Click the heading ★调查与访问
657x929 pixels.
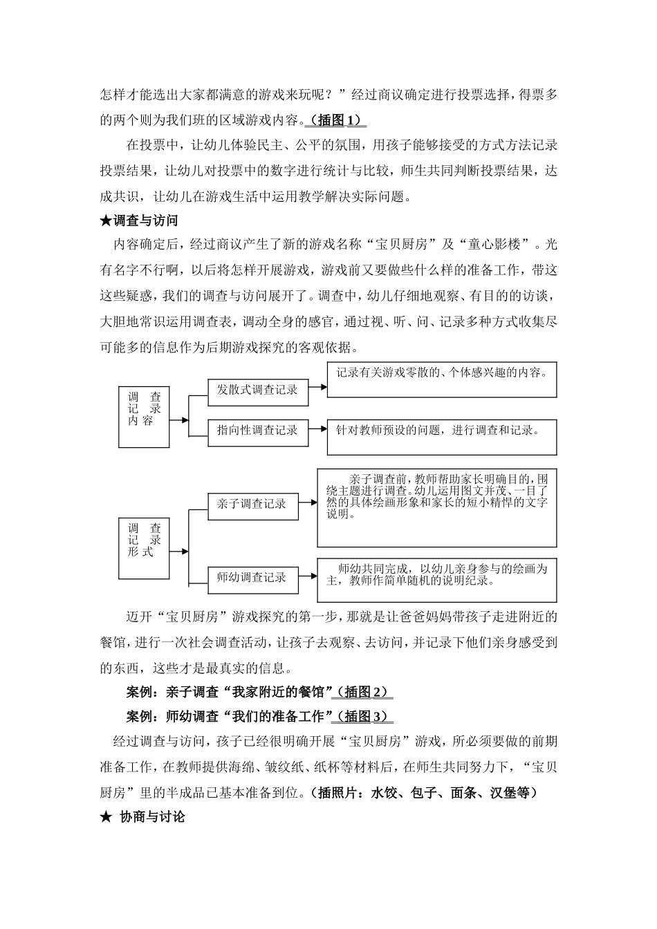coord(139,220)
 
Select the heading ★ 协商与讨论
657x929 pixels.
coord(142,816)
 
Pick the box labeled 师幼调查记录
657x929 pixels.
coord(252,578)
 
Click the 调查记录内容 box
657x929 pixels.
coord(144,417)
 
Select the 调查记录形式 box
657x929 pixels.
coord(144,548)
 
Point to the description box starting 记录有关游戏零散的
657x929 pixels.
coord(441,379)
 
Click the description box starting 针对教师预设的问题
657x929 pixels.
coord(441,437)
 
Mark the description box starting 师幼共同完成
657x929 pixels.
coord(436,579)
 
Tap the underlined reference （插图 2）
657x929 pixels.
coord(362,692)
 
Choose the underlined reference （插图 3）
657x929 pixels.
coord(362,716)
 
